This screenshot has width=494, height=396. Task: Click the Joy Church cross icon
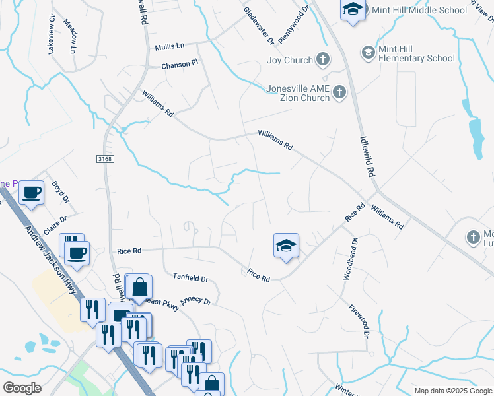(x=322, y=60)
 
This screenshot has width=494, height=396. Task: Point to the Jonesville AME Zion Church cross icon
(x=339, y=93)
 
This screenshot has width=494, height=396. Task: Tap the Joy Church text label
(x=289, y=60)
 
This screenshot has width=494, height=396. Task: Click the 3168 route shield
(x=104, y=158)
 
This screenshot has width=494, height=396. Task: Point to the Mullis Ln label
(x=169, y=46)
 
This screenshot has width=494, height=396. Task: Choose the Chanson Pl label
(x=180, y=65)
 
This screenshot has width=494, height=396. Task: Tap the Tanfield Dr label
(x=190, y=279)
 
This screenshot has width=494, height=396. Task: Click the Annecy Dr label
(x=195, y=300)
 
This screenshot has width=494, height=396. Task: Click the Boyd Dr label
(x=60, y=191)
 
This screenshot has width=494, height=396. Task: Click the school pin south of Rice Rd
(x=286, y=246)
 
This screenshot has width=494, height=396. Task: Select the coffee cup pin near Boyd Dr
(x=31, y=193)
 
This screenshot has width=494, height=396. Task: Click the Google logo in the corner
(x=22, y=388)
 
